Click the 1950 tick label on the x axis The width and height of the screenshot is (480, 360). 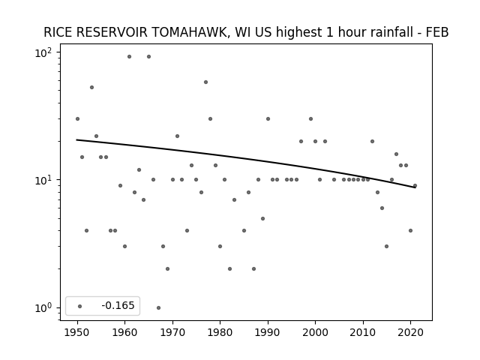pyautogui.click(x=77, y=332)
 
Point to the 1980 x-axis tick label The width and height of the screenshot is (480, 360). pyautogui.click(x=220, y=332)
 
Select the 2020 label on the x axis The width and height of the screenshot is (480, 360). pyautogui.click(x=410, y=332)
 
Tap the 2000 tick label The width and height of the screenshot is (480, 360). pyautogui.click(x=315, y=332)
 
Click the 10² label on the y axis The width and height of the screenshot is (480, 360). pyautogui.click(x=43, y=52)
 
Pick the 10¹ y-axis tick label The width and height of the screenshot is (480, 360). pyautogui.click(x=43, y=180)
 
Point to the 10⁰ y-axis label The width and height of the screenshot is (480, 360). pyautogui.click(x=43, y=307)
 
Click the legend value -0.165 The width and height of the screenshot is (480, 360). pyautogui.click(x=118, y=305)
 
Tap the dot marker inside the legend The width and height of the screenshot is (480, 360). pyautogui.click(x=80, y=306)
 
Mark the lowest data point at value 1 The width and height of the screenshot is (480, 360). pyautogui.click(x=158, y=308)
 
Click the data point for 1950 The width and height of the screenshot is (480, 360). pyautogui.click(x=77, y=118)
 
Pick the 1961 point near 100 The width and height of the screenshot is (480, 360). pyautogui.click(x=129, y=57)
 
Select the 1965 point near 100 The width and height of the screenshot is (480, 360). pyautogui.click(x=148, y=57)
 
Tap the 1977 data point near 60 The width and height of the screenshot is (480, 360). pyautogui.click(x=205, y=82)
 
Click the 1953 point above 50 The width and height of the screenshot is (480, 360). pyautogui.click(x=91, y=88)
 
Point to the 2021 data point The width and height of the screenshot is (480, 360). pyautogui.click(x=415, y=186)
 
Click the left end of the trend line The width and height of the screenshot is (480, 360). pyautogui.click(x=76, y=140)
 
